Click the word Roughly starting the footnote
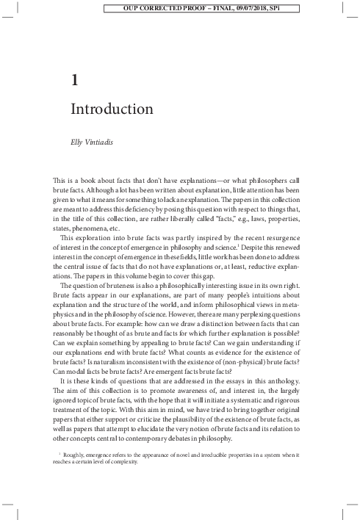[76, 458]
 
